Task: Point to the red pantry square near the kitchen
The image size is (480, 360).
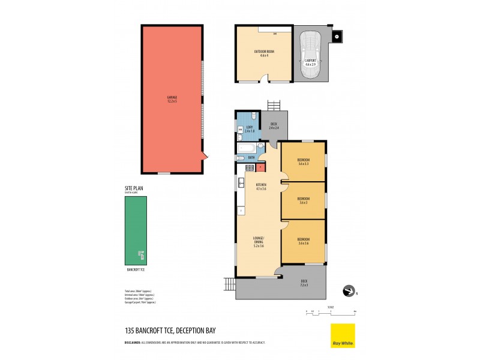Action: [x=260, y=167]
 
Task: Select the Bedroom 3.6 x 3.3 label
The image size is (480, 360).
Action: [x=303, y=161]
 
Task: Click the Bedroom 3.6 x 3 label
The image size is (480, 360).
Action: [x=303, y=200]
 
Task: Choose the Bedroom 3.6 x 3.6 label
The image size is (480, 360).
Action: [x=303, y=242]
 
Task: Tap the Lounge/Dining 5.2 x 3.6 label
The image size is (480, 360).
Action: [x=258, y=242]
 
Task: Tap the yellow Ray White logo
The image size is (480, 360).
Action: [x=343, y=335]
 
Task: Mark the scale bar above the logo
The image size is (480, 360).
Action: [x=331, y=313]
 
